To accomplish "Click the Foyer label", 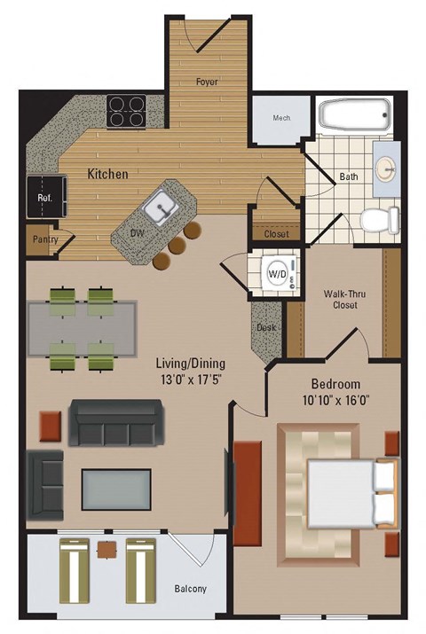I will click(x=208, y=82).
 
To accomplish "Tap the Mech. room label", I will click(x=280, y=119).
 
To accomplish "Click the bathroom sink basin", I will click(x=389, y=168).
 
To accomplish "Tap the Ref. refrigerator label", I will click(x=42, y=198).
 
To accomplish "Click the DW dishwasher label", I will click(x=138, y=233).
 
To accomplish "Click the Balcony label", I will click(x=189, y=589).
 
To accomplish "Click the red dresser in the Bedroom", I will click(x=248, y=484).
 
